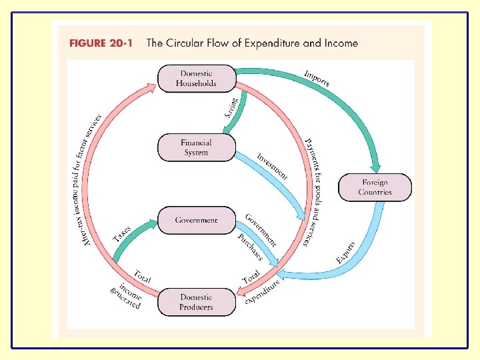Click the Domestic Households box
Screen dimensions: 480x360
click(196, 79)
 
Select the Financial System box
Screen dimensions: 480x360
click(196, 147)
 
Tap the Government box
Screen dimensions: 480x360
click(196, 220)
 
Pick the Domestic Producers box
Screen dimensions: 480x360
click(196, 302)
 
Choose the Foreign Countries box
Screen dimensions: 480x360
click(375, 187)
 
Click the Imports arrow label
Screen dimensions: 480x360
click(317, 78)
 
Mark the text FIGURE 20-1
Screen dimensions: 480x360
click(101, 43)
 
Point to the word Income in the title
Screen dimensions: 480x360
click(340, 43)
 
